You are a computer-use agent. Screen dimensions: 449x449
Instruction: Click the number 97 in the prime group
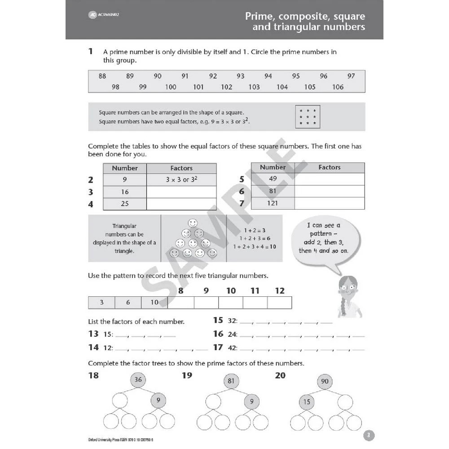[x=351, y=76]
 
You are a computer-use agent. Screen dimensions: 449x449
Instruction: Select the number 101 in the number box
[x=198, y=87]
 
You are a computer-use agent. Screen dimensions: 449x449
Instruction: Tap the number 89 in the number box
[x=130, y=76]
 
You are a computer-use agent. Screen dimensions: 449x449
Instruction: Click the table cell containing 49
[x=273, y=179]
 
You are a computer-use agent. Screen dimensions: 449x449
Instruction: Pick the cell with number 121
[x=273, y=203]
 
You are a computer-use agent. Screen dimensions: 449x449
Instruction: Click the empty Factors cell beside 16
[x=181, y=192]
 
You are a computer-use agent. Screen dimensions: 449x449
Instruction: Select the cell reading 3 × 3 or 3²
[x=181, y=180]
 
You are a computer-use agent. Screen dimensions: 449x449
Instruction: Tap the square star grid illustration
[x=308, y=117]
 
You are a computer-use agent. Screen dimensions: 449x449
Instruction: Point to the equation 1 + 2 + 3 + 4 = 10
[x=254, y=247]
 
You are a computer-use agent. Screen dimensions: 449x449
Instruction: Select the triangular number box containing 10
[x=154, y=303]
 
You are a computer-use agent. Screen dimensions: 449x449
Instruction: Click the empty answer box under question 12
[x=279, y=303]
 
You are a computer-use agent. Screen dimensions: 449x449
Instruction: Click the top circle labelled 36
[x=138, y=380]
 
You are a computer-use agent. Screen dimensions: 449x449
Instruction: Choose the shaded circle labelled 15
[x=306, y=402]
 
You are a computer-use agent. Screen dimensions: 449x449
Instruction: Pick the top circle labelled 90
[x=325, y=381]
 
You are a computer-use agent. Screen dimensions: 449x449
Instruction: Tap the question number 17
[x=218, y=347]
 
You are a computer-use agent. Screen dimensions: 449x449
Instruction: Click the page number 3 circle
[x=368, y=435]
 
